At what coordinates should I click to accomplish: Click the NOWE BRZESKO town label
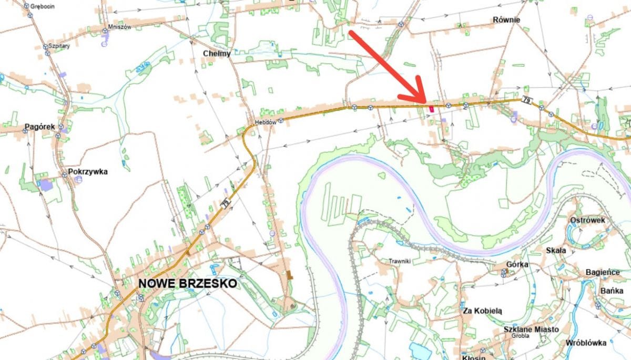187,284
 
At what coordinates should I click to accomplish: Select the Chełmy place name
217,53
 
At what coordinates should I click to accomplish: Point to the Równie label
506,20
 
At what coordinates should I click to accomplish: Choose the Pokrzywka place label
88,171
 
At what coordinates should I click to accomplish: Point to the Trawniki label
399,261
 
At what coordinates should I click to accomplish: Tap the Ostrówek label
587,220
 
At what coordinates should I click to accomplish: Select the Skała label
555,251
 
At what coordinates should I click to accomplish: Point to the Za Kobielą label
482,311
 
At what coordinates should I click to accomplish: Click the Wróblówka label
586,343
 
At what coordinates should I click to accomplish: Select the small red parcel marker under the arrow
431,109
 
